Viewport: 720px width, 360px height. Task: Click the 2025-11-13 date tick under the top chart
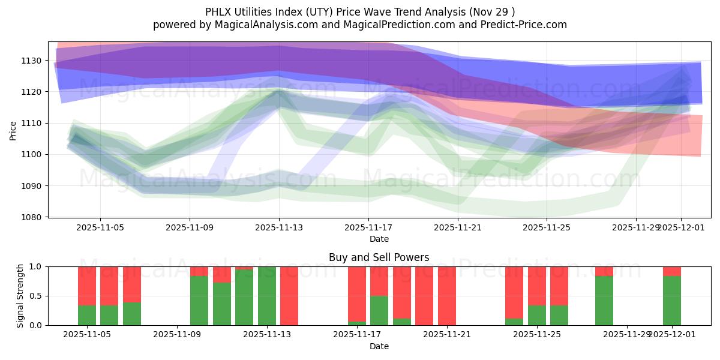pyautogui.click(x=279, y=227)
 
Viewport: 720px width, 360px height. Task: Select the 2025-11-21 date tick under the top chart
pyautogui.click(x=458, y=227)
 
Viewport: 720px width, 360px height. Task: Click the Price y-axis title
pyautogui.click(x=13, y=130)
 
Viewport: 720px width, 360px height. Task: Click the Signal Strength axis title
pyautogui.click(x=21, y=296)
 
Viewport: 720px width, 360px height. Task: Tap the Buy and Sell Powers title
pyautogui.click(x=379, y=257)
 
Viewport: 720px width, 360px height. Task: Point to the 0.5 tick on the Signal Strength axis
pyautogui.click(x=35, y=296)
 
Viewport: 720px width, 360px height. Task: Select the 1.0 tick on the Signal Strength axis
pyautogui.click(x=35, y=266)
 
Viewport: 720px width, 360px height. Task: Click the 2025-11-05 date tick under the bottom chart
pyautogui.click(x=88, y=335)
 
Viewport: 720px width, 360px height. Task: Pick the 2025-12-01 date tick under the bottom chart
pyautogui.click(x=671, y=335)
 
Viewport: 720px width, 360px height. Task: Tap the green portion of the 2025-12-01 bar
pyautogui.click(x=671, y=300)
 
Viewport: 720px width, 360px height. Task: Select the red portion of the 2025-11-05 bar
pyautogui.click(x=87, y=286)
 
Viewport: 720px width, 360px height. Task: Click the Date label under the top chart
pyautogui.click(x=379, y=239)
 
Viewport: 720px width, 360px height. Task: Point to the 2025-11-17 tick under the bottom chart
pyautogui.click(x=356, y=335)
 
